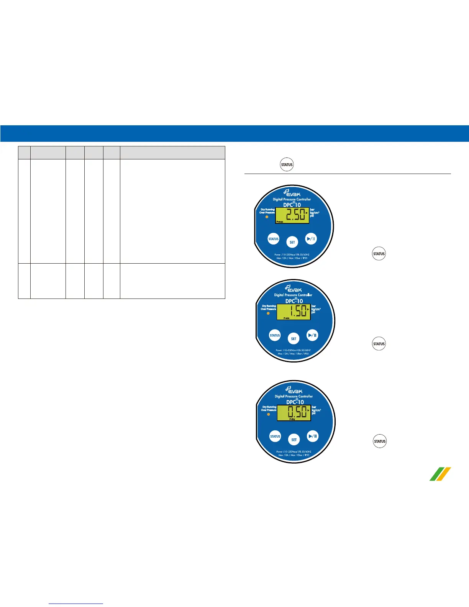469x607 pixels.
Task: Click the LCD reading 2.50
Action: tap(292, 215)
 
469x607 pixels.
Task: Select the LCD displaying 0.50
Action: tap(294, 413)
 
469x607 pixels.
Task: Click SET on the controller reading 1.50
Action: tap(294, 339)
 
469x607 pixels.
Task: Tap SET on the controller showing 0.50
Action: tap(294, 440)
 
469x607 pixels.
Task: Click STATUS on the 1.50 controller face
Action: tap(275, 335)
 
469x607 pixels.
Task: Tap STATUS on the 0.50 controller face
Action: tap(275, 436)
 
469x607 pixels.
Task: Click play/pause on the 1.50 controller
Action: tap(312, 335)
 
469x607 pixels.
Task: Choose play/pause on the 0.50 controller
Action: tap(313, 436)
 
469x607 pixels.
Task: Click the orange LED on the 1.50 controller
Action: tap(268, 313)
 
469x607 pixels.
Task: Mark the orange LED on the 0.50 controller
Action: tap(269, 414)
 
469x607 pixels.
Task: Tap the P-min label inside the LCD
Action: tap(286, 318)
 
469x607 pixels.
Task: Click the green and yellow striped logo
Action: tap(440, 474)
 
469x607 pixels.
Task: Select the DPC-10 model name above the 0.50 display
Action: tap(295, 402)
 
